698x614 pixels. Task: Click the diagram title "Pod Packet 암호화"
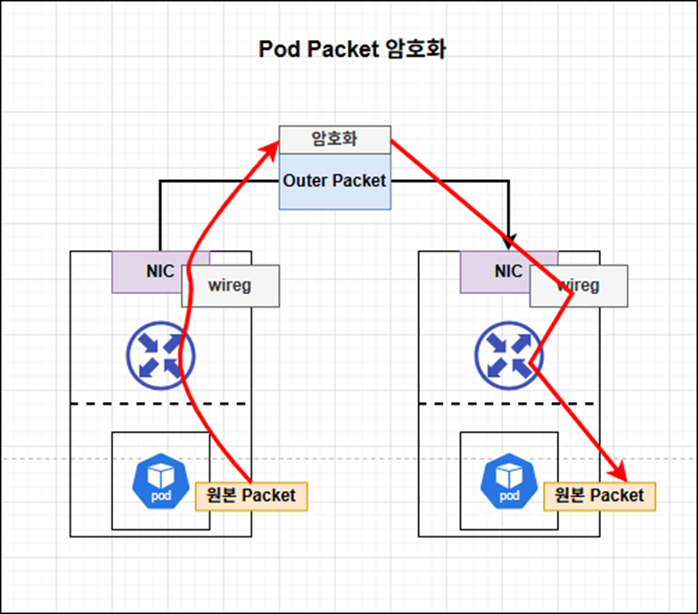[352, 49]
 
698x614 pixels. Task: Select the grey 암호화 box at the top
[335, 140]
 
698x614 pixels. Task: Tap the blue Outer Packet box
[335, 182]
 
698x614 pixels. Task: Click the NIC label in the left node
[160, 271]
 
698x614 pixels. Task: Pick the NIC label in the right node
[508, 271]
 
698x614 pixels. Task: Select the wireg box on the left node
[231, 286]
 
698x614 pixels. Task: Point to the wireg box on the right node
[579, 286]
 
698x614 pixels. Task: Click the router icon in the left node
[160, 356]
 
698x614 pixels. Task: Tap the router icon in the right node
[509, 356]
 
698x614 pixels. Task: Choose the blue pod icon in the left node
[160, 481]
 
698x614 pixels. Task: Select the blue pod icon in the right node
[509, 481]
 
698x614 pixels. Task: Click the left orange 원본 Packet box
[251, 496]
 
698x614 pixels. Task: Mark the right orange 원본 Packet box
[600, 496]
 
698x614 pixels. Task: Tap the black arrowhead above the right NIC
[509, 242]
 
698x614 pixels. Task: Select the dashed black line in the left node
[159, 404]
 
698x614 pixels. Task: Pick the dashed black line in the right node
[506, 404]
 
